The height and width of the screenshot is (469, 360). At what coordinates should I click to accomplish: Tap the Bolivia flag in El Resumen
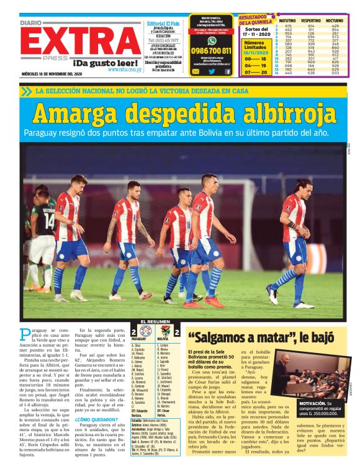163,330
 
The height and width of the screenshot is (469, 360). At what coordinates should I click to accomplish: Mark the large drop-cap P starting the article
24,334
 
